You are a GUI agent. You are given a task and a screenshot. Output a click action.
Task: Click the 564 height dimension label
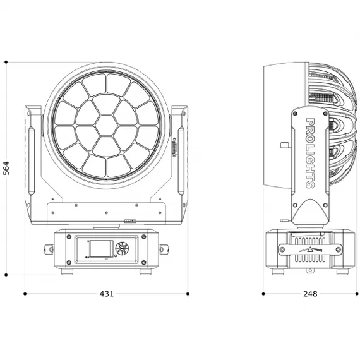click(x=6, y=168)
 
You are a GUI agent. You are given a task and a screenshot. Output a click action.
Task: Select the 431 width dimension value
click(x=107, y=294)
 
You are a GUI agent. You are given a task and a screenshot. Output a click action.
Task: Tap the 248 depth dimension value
click(x=310, y=294)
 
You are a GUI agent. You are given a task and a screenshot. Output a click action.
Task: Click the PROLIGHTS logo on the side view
click(x=310, y=153)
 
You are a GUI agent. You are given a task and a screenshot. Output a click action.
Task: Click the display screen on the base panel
click(x=101, y=249)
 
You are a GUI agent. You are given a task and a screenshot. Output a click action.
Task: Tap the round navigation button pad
click(x=122, y=248)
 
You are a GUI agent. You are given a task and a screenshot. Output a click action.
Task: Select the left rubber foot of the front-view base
click(x=68, y=272)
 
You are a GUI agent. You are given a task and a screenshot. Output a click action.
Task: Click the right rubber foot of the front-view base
click(x=145, y=272)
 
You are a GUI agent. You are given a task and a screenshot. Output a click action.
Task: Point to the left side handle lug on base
click(x=49, y=249)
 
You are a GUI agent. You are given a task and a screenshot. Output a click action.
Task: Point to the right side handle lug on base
click(x=164, y=249)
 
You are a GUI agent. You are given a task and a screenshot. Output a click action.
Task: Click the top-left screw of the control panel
click(x=69, y=237)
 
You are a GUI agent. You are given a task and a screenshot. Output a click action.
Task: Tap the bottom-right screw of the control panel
click(x=144, y=262)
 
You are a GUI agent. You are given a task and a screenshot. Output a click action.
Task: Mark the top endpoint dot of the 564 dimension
click(x=6, y=62)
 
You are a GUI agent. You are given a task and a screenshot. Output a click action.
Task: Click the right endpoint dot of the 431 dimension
click(x=188, y=294)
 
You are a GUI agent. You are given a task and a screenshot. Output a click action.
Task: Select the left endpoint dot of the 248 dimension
click(x=263, y=294)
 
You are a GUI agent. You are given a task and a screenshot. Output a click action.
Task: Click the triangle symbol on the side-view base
click(x=310, y=249)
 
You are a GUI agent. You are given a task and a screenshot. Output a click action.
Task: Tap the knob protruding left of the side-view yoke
click(x=285, y=145)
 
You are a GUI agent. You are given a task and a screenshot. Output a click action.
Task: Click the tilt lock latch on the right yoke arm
click(x=174, y=147)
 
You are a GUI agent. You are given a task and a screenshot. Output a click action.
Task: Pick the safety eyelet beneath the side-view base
click(x=310, y=271)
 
